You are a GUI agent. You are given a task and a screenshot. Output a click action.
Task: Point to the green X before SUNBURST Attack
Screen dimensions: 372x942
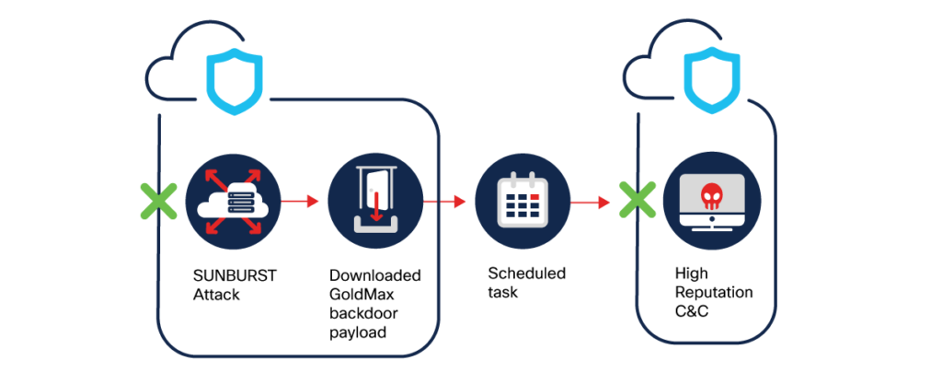[158, 200]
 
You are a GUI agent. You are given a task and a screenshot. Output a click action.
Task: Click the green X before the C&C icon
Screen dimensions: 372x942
[635, 201]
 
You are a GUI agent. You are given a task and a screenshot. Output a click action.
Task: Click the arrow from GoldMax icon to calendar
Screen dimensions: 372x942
[444, 199]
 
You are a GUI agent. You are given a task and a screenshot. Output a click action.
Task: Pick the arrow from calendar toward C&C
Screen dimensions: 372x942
[590, 200]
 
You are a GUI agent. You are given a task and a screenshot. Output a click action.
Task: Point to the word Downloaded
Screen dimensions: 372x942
[375, 276]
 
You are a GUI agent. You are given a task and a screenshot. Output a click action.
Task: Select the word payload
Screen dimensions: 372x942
[357, 331]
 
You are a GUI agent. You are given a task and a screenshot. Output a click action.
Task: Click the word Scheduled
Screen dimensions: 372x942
[527, 273]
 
